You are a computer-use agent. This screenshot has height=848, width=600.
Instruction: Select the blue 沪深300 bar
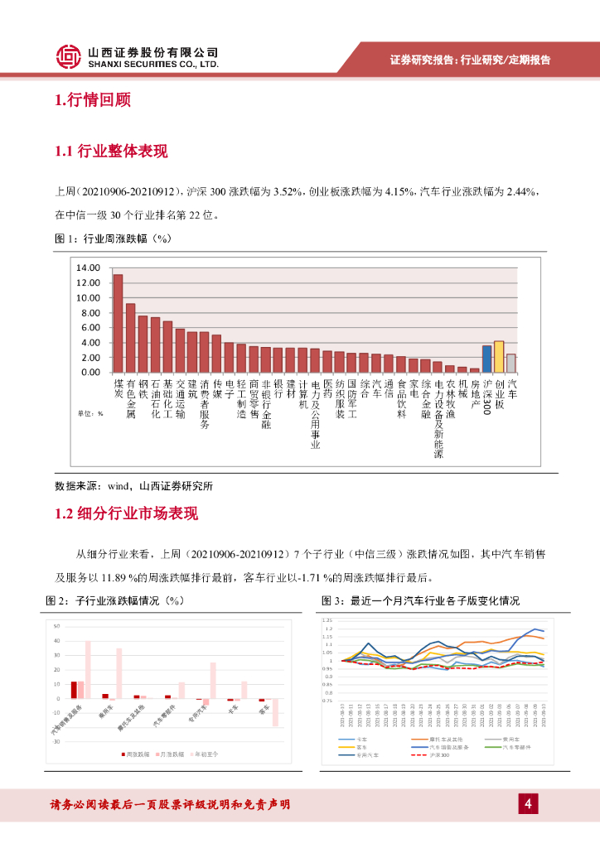coord(486,359)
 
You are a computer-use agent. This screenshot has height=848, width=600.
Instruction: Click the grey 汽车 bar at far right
coord(511,363)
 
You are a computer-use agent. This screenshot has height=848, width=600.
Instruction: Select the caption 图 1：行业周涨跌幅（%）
coord(111,238)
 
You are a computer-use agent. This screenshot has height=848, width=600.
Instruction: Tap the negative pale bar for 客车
coord(275,713)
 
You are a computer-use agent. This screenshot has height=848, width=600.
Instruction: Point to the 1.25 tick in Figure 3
coord(327,619)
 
